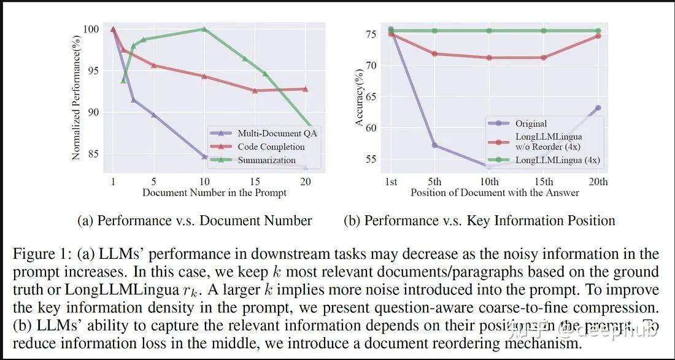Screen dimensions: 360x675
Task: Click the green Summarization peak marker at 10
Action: pyautogui.click(x=204, y=29)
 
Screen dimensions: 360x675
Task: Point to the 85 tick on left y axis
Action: pyautogui.click(x=92, y=154)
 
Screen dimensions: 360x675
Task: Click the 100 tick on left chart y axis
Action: pyautogui.click(x=91, y=29)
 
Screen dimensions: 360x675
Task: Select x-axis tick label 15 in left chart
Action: pyautogui.click(x=255, y=182)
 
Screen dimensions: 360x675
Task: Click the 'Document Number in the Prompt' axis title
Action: pyautogui.click(x=214, y=193)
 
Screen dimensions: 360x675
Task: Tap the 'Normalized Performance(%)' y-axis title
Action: pyautogui.click(x=76, y=93)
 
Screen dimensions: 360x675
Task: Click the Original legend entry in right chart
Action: pyautogui.click(x=531, y=123)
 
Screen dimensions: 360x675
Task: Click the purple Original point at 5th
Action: pyautogui.click(x=434, y=145)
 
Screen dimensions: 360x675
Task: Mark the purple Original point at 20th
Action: pyautogui.click(x=598, y=108)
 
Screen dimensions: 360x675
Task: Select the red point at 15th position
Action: pyautogui.click(x=544, y=58)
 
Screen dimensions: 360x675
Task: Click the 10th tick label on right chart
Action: pyautogui.click(x=489, y=182)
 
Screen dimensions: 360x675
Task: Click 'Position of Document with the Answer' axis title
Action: pyautogui.click(x=495, y=193)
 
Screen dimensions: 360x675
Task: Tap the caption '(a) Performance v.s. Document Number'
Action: pyautogui.click(x=195, y=221)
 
